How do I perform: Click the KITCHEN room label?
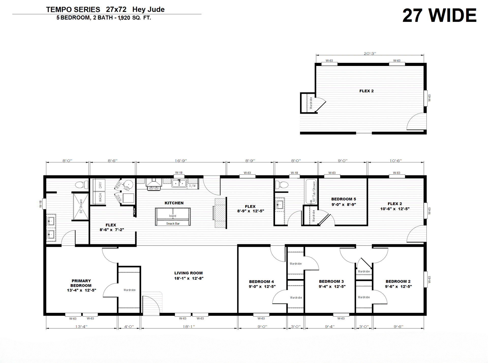point(174,203)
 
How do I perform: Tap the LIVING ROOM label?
point(189,273)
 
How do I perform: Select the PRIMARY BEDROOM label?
point(81,283)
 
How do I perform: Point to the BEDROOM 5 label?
point(344,199)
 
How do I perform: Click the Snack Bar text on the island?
point(173,224)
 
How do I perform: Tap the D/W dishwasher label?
point(192,186)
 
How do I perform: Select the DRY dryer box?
point(99,185)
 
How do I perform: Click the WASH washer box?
point(99,198)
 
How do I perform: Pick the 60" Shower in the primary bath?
point(81,206)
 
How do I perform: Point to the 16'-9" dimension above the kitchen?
point(181,161)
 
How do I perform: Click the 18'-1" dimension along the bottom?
point(189,326)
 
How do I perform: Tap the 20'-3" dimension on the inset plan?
point(370,53)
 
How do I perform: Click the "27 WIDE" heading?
point(439,15)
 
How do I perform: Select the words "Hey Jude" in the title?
point(148,9)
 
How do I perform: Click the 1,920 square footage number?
point(124,18)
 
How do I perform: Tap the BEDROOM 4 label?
point(262,281)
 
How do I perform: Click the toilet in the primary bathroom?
point(82,185)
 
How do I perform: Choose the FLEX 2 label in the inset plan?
point(367,91)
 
